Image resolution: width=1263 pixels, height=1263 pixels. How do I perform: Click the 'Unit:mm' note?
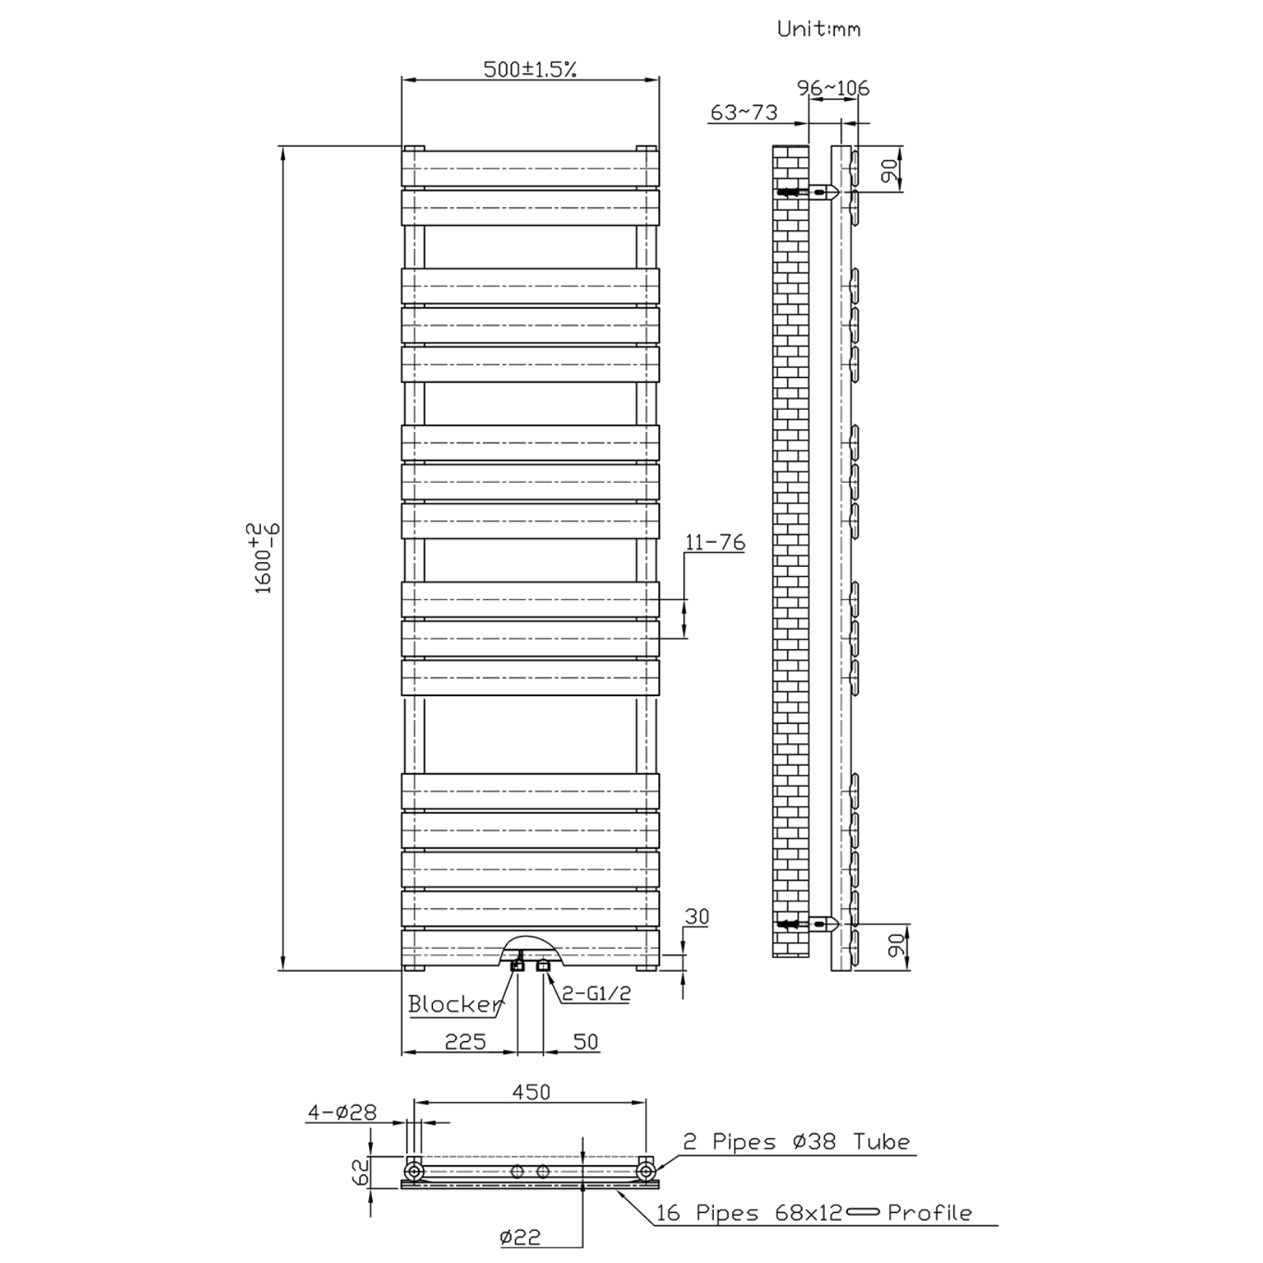818,30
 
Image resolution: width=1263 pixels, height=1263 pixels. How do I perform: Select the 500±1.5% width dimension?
530,69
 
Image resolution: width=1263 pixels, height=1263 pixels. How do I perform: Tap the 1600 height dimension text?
264,558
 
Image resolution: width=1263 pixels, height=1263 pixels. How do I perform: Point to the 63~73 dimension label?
744,112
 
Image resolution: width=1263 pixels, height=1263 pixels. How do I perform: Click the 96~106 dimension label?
833,88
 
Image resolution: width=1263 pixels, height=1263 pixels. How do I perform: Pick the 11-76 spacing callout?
715,543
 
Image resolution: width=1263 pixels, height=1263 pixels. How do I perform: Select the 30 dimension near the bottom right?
696,916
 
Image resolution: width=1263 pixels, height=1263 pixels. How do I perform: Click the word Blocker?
454,1003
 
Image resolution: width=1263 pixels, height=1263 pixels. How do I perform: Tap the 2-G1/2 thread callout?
595,993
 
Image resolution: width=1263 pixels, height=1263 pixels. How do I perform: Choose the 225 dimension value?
466,1041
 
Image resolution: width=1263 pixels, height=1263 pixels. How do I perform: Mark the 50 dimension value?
586,1041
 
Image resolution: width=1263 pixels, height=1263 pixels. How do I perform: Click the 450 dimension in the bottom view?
531,1092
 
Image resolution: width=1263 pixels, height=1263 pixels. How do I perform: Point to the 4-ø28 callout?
343,1112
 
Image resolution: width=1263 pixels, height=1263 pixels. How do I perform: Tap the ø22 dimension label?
520,1237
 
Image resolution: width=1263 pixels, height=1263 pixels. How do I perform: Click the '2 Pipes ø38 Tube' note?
796,1141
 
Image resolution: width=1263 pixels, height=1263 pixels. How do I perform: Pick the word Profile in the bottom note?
930,1213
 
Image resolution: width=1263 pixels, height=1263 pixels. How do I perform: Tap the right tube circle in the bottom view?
645,1171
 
